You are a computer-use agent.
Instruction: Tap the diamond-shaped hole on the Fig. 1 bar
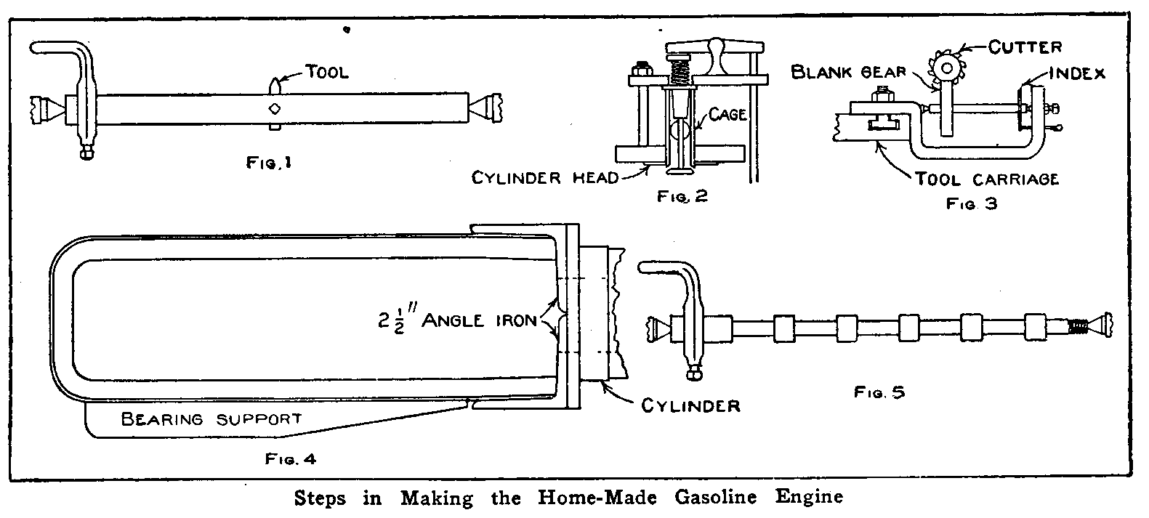[274, 109]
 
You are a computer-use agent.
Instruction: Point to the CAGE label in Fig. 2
[727, 116]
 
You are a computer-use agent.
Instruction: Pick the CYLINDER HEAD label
[544, 177]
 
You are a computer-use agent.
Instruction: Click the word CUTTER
[1025, 47]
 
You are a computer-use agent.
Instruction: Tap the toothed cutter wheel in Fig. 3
[946, 68]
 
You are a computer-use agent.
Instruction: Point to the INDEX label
[1079, 73]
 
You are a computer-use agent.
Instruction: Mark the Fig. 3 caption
[971, 204]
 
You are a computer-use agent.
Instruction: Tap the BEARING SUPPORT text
[211, 419]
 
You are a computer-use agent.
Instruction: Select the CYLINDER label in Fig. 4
[690, 405]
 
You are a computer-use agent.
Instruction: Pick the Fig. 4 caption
[291, 459]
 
